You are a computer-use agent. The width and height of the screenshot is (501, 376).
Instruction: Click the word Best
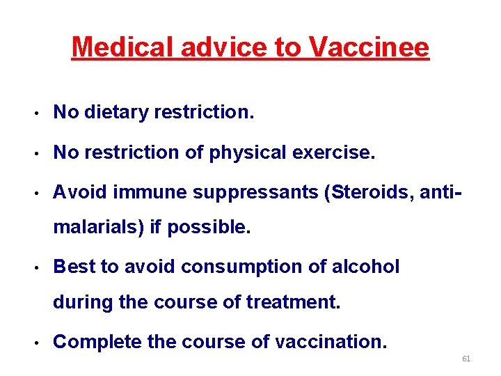point(72,267)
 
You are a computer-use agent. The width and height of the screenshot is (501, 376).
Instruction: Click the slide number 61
point(466,359)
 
